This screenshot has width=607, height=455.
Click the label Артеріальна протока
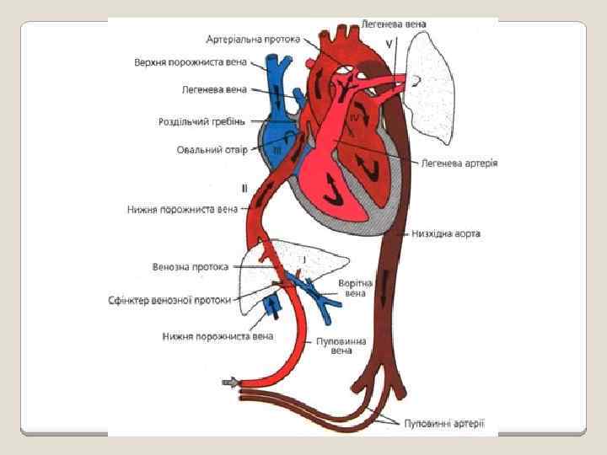[256, 39]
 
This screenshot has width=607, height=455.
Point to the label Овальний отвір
[212, 151]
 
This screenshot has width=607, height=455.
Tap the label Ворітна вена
[356, 288]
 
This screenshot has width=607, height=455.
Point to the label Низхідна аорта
[446, 233]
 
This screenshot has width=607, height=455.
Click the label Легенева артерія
[459, 163]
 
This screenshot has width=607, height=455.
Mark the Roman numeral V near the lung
[389, 40]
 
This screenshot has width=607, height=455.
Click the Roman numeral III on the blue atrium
[277, 150]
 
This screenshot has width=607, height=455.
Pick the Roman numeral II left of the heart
[244, 188]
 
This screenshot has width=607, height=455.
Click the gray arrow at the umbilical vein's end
[229, 383]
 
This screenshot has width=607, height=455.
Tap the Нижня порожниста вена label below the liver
[218, 336]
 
